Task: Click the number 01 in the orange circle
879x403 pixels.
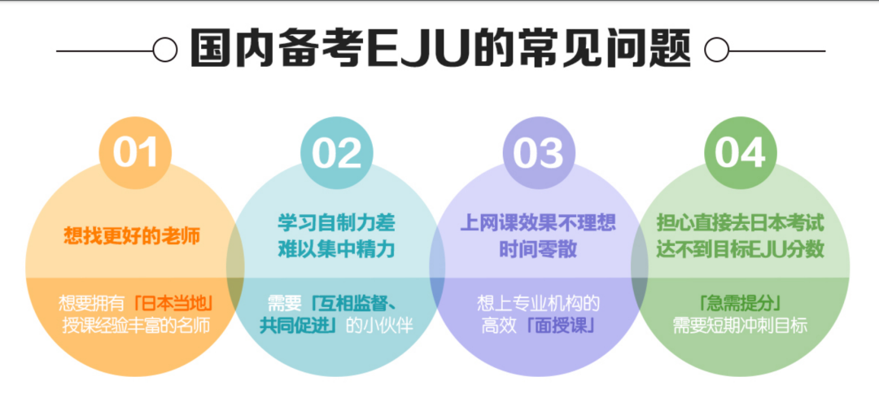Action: tap(135, 153)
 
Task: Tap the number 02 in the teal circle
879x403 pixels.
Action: tap(337, 153)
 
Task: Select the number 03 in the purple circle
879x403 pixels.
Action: tap(539, 153)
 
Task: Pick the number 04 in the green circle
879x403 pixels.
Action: tap(740, 153)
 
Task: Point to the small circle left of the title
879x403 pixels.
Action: tap(165, 50)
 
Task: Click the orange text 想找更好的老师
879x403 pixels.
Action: tap(132, 235)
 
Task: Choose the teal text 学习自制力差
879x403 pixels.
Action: tap(337, 223)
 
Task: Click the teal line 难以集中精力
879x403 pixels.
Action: tap(337, 248)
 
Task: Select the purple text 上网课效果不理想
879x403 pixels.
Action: tap(538, 223)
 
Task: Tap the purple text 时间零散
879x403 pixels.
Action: tap(538, 248)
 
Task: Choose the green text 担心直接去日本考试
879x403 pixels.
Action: tap(740, 223)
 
